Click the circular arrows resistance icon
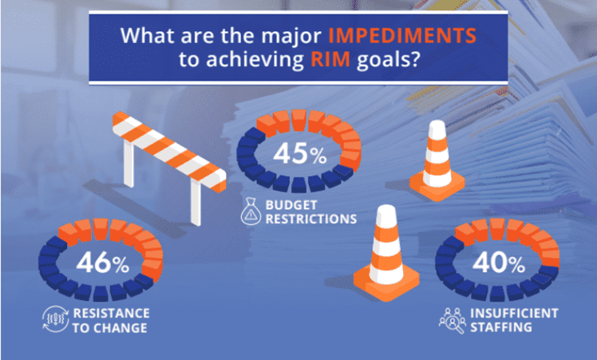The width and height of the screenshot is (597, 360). click(x=53, y=319)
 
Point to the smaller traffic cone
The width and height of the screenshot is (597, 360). click(x=437, y=160)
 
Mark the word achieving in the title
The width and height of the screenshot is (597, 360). click(x=267, y=61)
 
